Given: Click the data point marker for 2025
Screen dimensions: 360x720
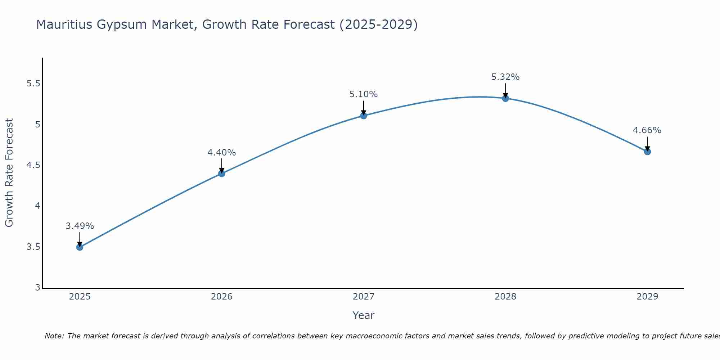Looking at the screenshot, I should coord(80,247).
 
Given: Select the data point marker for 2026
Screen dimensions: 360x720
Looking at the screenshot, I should coord(221,174).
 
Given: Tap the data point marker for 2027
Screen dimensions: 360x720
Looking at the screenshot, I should coord(363,116).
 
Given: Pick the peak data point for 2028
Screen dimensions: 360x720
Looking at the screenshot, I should coord(505,98).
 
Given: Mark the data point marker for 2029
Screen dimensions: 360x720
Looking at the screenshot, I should coord(647,152).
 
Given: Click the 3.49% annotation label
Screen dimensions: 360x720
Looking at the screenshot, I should coord(80,226).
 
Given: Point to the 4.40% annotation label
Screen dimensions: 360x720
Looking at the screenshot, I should coord(221,153).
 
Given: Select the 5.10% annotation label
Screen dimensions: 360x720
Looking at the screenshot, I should coord(363,94).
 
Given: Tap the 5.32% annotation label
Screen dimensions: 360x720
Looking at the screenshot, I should coord(505,77).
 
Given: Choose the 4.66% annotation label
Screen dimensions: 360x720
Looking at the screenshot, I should coord(647,130).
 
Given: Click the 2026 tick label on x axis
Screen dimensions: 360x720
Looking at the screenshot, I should coord(221,297).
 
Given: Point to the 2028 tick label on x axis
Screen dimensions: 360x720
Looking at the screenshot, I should coord(505,297).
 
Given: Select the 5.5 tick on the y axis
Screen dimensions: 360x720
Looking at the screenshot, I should coord(33,84).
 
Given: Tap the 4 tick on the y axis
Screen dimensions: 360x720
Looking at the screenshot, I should coord(37,206).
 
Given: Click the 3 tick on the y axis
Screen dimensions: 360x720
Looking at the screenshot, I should coord(37,288).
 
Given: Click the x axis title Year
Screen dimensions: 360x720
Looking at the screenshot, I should coord(363,315).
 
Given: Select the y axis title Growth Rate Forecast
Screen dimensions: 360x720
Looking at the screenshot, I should coord(9,173).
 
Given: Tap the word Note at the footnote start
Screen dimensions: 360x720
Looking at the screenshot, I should coord(54,336).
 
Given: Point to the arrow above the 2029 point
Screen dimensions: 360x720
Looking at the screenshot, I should coord(647,143).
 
